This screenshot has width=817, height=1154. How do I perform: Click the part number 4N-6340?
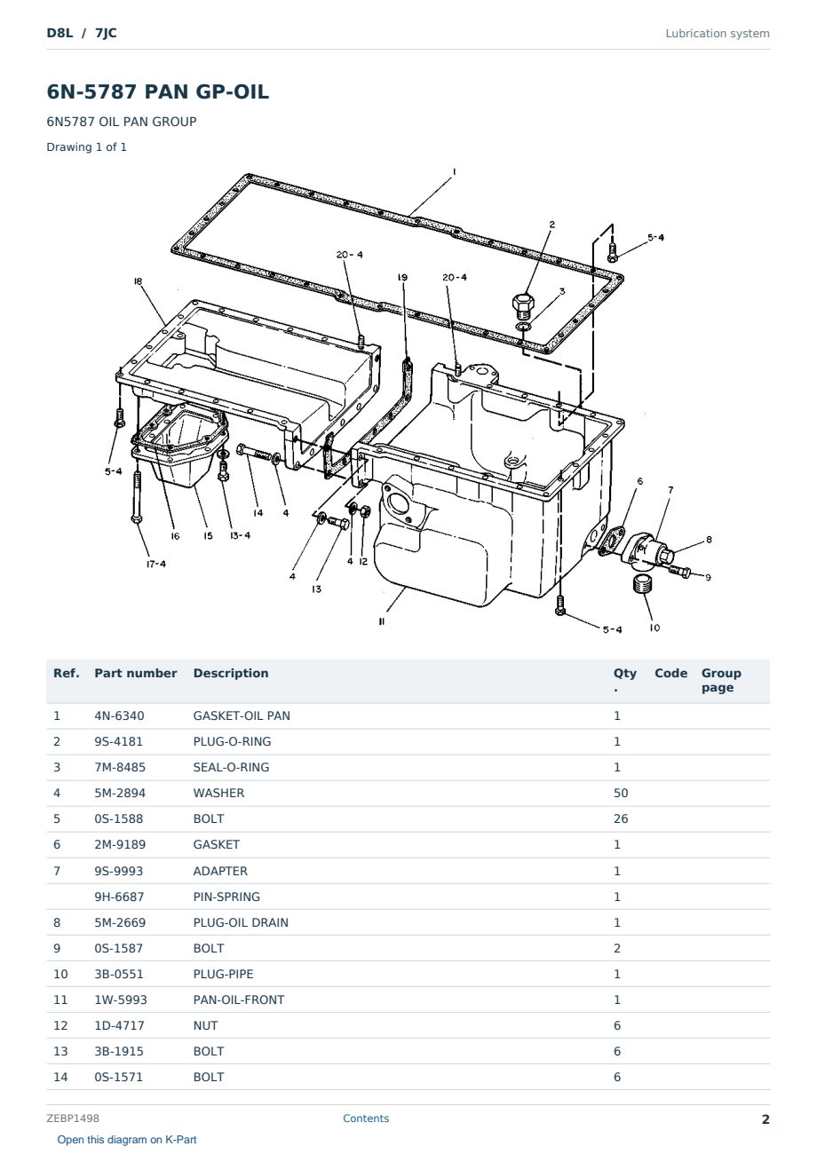(119, 715)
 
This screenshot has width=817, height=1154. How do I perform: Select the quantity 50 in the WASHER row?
(621, 793)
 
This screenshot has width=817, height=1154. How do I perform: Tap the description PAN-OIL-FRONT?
(239, 1000)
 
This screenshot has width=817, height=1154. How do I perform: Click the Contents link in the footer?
(366, 1118)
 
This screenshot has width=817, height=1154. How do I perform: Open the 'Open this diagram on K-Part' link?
(127, 1140)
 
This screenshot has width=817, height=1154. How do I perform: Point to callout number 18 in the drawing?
(138, 281)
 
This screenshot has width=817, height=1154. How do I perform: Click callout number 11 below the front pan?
(382, 621)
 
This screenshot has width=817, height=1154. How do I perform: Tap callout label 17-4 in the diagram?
(156, 564)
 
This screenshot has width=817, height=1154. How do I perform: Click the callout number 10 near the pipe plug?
(654, 628)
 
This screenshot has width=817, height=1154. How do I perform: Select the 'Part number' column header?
(136, 674)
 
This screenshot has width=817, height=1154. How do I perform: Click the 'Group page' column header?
(721, 680)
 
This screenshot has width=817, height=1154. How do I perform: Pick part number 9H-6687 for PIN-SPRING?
(119, 897)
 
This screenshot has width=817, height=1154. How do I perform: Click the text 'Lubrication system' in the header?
(718, 34)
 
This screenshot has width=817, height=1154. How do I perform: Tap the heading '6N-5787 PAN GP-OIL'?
(158, 91)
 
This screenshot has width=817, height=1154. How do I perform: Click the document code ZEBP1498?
(73, 1118)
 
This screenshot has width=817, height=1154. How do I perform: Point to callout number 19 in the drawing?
(402, 277)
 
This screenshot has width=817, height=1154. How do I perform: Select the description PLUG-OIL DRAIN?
(241, 922)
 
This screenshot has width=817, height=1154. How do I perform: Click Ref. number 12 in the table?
(60, 1025)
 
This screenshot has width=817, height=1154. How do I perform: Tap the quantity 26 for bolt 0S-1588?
(621, 818)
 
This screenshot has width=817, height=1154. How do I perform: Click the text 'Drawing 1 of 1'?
(87, 146)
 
